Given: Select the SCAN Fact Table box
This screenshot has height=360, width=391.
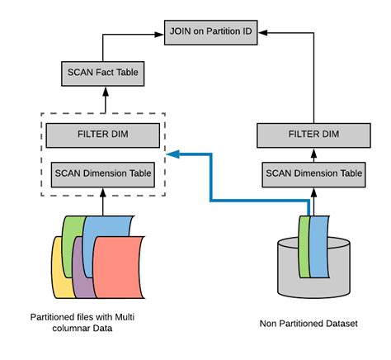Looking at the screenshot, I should pos(102,73).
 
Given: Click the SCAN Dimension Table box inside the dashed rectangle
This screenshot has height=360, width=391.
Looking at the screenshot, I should pos(102,173).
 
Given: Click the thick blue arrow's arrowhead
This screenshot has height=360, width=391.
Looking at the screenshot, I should pos(171,154).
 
